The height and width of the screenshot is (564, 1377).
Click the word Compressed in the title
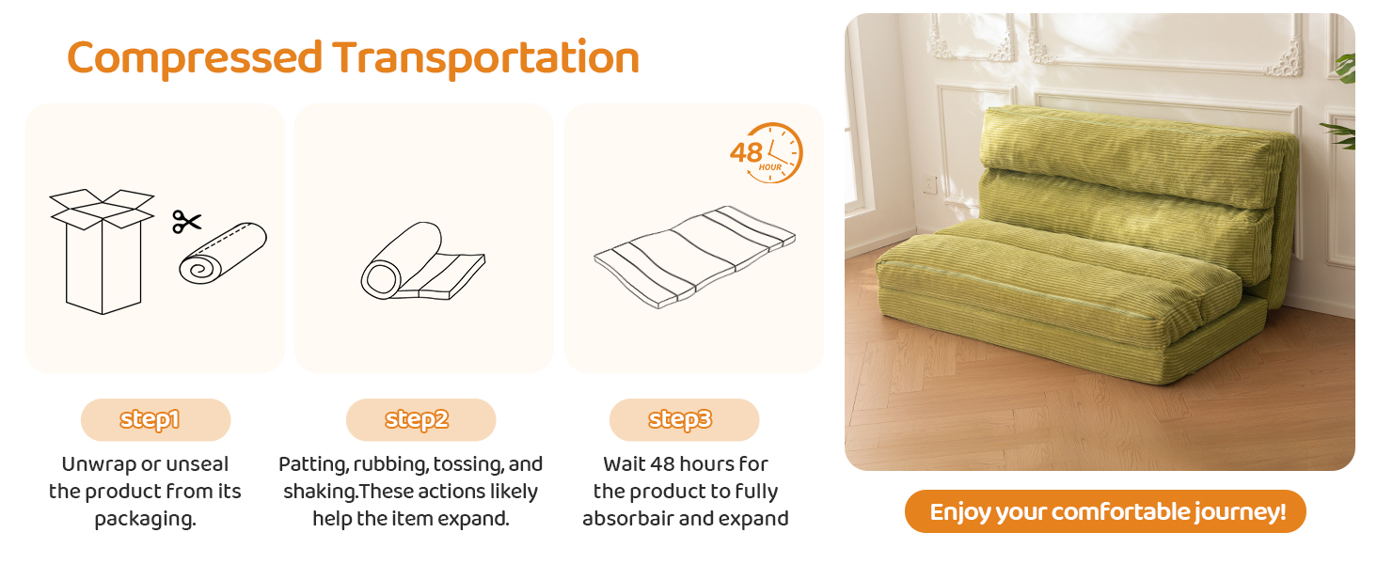tap(195, 57)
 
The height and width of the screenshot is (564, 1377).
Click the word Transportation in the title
tap(486, 57)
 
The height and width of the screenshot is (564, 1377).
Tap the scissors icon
tap(187, 222)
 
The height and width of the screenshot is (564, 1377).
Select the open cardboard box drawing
tap(102, 251)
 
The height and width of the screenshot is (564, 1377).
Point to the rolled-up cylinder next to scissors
tap(223, 253)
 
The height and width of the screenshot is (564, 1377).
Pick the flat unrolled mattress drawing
tap(695, 257)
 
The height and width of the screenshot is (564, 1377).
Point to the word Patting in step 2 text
tap(313, 464)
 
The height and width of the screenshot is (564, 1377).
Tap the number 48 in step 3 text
tap(663, 463)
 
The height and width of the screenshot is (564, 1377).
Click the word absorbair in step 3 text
tap(627, 519)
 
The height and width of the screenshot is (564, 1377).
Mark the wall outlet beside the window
tap(929, 184)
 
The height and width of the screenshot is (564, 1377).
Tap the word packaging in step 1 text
tap(145, 519)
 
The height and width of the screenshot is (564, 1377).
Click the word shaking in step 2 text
tap(320, 492)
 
